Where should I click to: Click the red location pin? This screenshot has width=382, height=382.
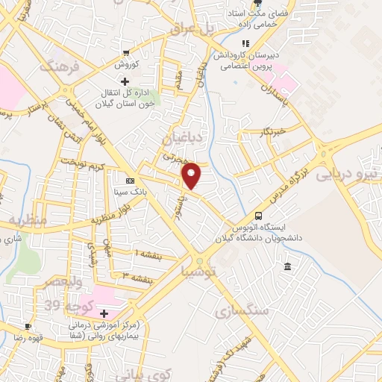(192, 176)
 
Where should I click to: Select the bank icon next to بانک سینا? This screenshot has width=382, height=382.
(131, 181)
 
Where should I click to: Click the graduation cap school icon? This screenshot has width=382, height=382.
(224, 66)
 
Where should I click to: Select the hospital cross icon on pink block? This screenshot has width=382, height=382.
(104, 313)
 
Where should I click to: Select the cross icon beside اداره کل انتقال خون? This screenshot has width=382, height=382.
(125, 81)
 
